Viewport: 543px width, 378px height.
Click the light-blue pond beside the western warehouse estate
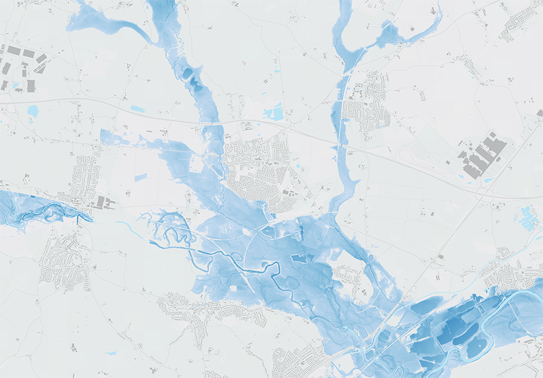click(32, 110)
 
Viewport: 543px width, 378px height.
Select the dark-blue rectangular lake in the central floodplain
click(300, 258)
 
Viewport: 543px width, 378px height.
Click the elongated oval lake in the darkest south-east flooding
click(476, 349)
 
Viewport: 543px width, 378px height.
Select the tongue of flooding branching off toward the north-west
click(106, 21)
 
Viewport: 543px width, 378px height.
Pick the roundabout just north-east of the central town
click(289, 126)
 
